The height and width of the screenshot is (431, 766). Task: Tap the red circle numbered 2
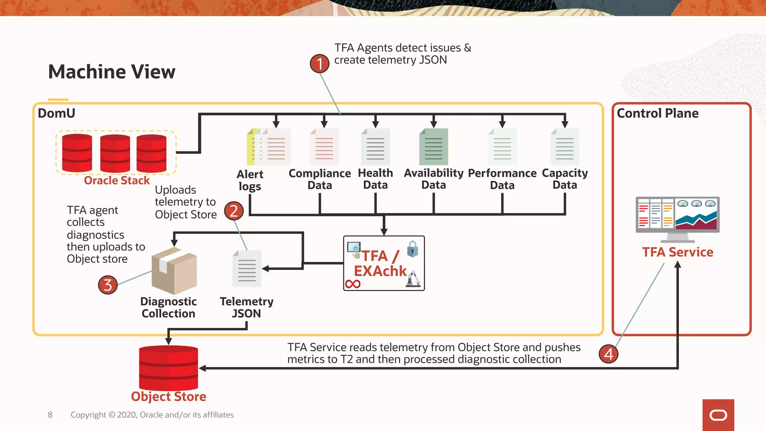point(234,211)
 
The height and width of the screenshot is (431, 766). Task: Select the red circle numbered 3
point(108,285)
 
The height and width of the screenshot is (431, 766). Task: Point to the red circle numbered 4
point(608,354)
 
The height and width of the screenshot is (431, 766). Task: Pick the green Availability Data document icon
point(433,147)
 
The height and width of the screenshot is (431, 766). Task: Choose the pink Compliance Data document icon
point(324,147)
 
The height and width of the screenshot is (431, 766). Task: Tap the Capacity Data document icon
point(565,147)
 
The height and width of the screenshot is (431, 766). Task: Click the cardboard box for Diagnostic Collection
point(174,270)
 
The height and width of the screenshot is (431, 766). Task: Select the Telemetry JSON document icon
point(247,269)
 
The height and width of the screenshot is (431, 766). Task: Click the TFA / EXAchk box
point(384,263)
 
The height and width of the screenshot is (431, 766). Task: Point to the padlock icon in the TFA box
point(412,249)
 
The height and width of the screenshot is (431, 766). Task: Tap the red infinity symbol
point(353,284)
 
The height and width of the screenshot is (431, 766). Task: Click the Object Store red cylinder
point(168,368)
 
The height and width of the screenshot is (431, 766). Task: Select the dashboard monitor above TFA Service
point(677,217)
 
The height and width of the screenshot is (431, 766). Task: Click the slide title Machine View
point(111,72)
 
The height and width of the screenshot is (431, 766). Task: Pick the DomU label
point(56,113)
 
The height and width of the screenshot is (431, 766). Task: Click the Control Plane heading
point(658,113)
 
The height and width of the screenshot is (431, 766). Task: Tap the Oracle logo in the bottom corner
point(718,415)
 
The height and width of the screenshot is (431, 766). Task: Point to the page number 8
point(50,415)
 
